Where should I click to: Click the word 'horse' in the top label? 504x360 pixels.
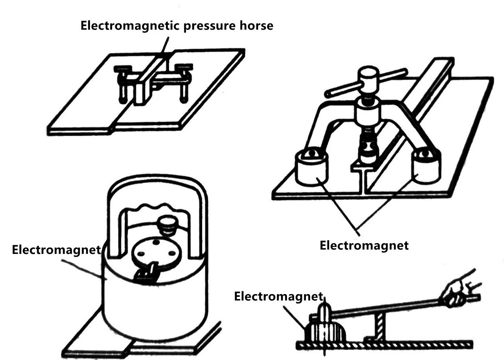click(256, 25)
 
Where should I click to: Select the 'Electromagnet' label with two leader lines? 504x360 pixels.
click(364, 245)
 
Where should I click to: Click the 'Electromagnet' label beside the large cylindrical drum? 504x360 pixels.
click(56, 250)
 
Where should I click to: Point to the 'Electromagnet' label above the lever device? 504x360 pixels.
click(279, 296)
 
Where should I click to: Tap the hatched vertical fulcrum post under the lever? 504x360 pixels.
click(380, 327)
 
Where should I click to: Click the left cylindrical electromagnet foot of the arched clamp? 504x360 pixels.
click(312, 167)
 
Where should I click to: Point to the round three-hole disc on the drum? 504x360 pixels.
click(157, 253)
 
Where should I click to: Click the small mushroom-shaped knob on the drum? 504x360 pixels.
click(169, 225)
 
